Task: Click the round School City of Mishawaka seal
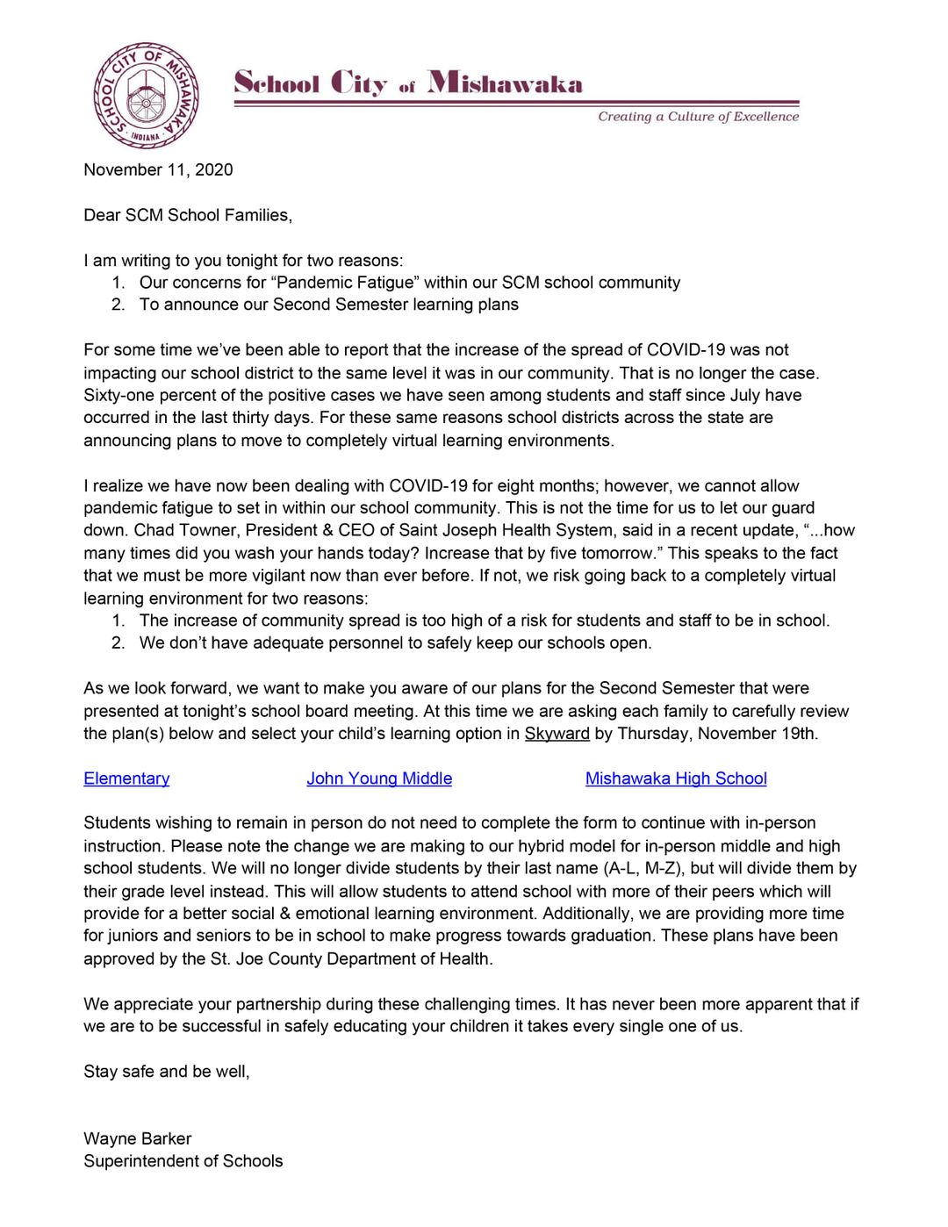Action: tap(146, 96)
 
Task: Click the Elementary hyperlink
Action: tap(126, 779)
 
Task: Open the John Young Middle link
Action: tap(379, 779)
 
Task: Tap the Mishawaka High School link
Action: tap(676, 779)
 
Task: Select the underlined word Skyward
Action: tap(557, 734)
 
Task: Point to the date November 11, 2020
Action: tap(158, 169)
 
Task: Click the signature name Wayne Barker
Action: tap(137, 1138)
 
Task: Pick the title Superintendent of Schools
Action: tap(183, 1161)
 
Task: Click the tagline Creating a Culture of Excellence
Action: tap(698, 117)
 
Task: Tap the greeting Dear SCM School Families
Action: tap(187, 215)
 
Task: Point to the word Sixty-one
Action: tap(120, 395)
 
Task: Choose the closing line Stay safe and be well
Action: tap(166, 1072)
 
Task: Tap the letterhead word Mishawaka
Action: tap(505, 83)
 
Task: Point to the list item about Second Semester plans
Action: tap(328, 305)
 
